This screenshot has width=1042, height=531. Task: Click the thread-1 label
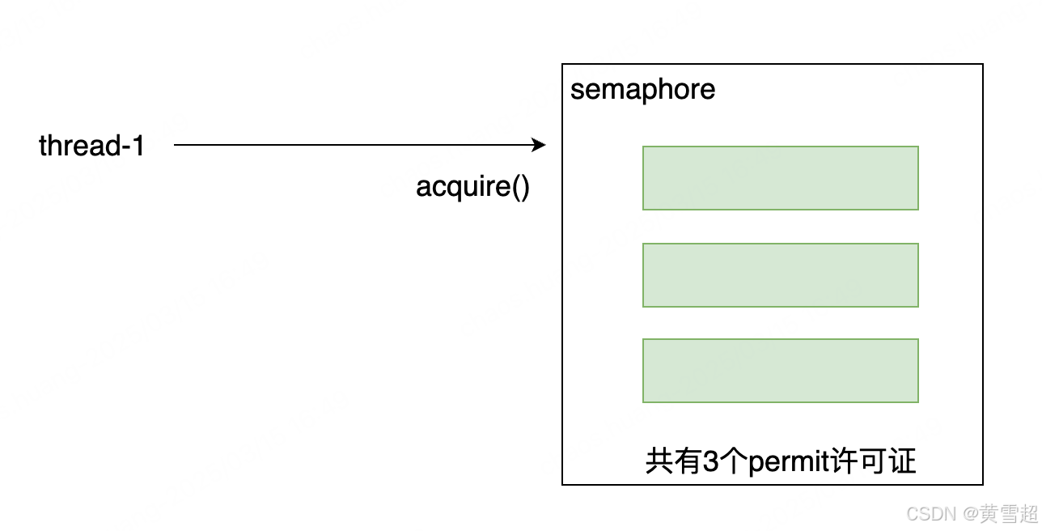[x=91, y=146]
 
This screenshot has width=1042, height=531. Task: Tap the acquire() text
[x=472, y=187]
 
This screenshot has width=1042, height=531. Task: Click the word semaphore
[x=642, y=89]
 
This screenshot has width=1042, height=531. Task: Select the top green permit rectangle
[x=780, y=178]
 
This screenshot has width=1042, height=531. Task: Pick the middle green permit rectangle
[x=780, y=275]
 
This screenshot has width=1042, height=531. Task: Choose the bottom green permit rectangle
[x=780, y=371]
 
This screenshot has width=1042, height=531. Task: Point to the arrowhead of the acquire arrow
[x=540, y=146]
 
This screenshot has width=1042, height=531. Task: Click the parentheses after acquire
[x=519, y=187]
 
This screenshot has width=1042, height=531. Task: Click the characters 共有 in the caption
[x=673, y=461]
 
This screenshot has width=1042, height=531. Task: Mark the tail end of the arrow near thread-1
[x=176, y=146]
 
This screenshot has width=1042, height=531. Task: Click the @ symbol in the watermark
[x=968, y=513]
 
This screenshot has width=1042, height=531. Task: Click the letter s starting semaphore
[x=576, y=90]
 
